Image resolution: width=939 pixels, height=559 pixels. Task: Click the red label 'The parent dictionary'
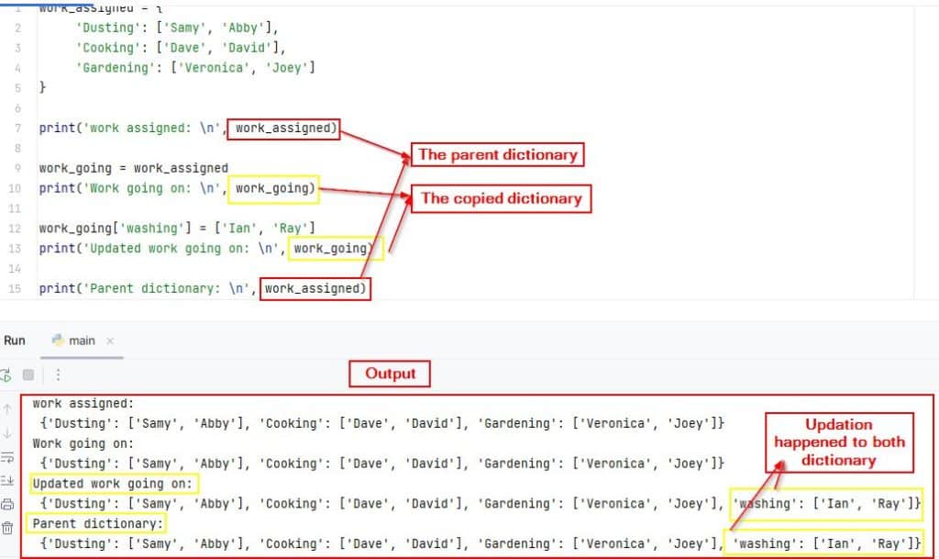[497, 154]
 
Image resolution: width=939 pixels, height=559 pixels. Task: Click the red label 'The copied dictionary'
[501, 198]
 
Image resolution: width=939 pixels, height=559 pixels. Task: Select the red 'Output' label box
[390, 374]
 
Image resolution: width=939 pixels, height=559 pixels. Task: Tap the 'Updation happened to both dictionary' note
[838, 442]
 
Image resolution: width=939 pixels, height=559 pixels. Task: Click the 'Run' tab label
[15, 340]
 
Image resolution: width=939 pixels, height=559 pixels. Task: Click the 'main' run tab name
[82, 341]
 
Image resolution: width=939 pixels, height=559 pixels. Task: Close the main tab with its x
[110, 341]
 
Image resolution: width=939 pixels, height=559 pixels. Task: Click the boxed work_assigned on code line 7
[284, 129]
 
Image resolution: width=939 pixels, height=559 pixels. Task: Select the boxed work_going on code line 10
[275, 189]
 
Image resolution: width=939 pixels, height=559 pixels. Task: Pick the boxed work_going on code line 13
[334, 249]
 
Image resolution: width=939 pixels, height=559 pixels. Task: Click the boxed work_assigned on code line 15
[315, 289]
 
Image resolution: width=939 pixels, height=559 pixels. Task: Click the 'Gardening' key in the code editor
[115, 67]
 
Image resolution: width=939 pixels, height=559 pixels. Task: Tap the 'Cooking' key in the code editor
[107, 47]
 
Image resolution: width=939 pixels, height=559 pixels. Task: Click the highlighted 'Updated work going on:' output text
[114, 484]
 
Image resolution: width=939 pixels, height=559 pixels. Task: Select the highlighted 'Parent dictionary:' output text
[98, 524]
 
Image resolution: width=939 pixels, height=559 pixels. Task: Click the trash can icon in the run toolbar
[8, 527]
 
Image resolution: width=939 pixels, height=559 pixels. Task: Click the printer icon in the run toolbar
[8, 504]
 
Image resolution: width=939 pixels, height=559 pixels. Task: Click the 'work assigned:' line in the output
[83, 403]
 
